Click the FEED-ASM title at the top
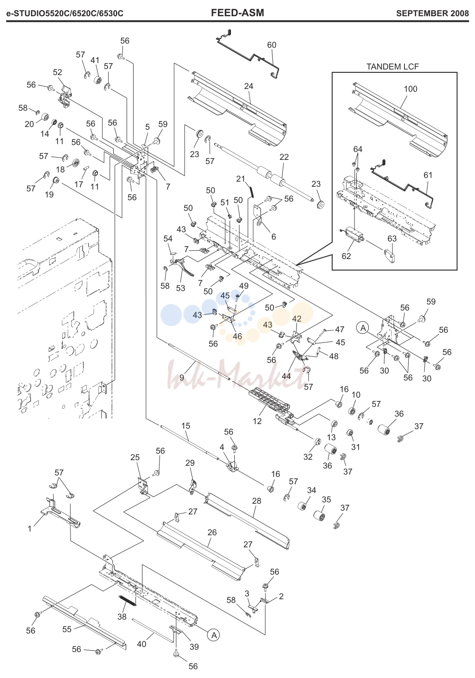(237, 13)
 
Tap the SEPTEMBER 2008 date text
(432, 13)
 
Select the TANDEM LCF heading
(392, 67)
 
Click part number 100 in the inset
(411, 89)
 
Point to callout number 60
(272, 45)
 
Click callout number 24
(249, 86)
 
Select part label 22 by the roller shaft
(284, 157)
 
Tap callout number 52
(57, 72)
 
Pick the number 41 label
(95, 60)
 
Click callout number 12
(257, 421)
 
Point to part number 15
(186, 426)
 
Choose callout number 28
(257, 501)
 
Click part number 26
(212, 532)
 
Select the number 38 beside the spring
(122, 616)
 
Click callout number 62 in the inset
(346, 256)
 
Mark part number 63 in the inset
(392, 239)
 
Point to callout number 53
(180, 288)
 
